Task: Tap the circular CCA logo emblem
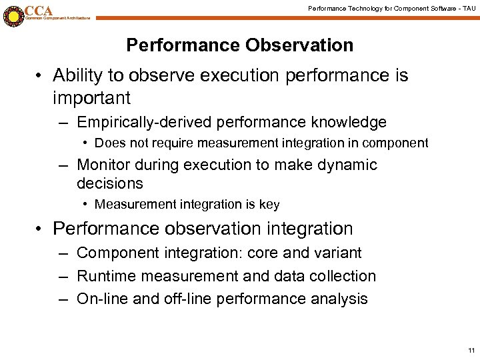[12, 14]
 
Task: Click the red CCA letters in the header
[39, 10]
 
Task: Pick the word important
[91, 99]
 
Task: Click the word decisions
[110, 183]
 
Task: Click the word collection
[343, 276]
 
